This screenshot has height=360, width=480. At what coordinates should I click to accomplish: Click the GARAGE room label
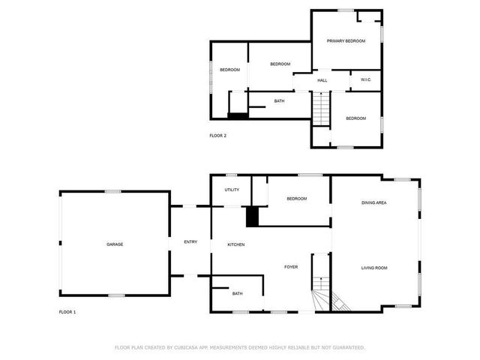(115, 244)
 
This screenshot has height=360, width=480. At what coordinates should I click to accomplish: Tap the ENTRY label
(190, 241)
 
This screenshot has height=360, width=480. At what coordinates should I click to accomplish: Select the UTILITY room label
(232, 190)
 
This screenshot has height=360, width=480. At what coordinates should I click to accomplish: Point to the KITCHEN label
(236, 244)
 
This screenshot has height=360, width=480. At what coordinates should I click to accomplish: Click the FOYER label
(291, 267)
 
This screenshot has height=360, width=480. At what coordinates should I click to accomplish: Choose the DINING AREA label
(373, 202)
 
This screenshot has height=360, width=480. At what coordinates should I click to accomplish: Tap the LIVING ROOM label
(373, 268)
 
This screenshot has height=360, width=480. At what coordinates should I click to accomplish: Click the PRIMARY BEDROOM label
(346, 41)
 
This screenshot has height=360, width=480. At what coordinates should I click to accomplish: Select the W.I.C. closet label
(366, 80)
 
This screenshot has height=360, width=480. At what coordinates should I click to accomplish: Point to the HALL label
(322, 80)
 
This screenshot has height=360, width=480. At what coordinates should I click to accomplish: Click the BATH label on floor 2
(279, 101)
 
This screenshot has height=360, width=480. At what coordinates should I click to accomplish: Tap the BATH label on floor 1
(237, 294)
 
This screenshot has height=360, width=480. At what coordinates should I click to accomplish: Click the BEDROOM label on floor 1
(297, 199)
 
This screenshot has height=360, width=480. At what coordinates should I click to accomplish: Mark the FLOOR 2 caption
(217, 136)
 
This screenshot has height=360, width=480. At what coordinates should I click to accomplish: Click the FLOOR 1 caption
(67, 311)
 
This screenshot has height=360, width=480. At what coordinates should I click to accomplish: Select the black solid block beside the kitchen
(253, 216)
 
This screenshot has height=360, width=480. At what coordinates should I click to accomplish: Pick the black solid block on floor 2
(238, 115)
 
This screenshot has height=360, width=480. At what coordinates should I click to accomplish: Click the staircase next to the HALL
(321, 109)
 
